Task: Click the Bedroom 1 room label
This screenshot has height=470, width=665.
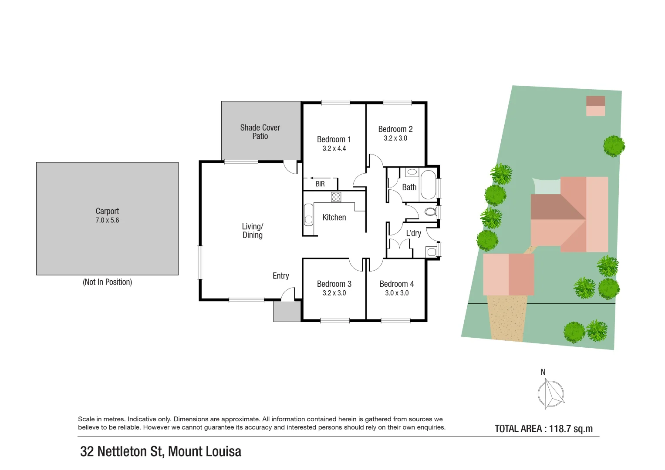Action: pos(334,139)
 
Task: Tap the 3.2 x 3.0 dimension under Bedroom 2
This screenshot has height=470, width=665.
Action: pos(395,138)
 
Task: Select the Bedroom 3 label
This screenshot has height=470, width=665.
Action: pos(334,284)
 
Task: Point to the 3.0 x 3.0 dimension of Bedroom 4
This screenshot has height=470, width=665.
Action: pos(397,293)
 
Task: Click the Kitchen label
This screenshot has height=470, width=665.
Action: pos(334,217)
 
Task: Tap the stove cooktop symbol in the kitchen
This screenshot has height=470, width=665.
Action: pos(336,197)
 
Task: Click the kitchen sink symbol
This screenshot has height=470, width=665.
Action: pos(308,214)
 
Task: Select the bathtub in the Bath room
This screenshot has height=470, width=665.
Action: pos(428,185)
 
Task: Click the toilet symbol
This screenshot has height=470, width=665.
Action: pos(430,212)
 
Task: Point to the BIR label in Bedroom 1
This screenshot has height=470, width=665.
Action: pos(320,184)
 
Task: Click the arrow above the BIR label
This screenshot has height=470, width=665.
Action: pos(323,178)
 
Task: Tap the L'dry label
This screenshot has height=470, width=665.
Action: pos(413,233)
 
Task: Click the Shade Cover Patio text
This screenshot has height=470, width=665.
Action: pos(260,132)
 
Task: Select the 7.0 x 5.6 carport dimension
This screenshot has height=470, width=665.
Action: pos(107,220)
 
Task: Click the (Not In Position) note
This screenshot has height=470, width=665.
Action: pos(107,282)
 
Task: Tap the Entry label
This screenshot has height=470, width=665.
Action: pos(281,276)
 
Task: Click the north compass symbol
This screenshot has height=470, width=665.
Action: pos(550,393)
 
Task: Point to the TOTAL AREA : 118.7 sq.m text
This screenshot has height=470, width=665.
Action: pos(543,429)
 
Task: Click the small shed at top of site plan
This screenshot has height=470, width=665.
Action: pos(595,106)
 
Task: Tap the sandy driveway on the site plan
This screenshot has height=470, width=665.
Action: pos(506,318)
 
